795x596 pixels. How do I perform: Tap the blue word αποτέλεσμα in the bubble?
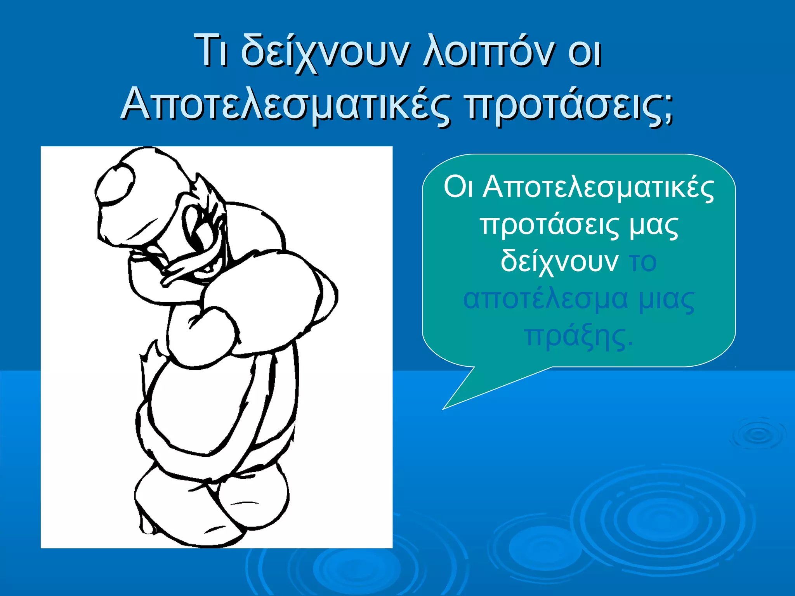[545, 300]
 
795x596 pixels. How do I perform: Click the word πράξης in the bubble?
[578, 336]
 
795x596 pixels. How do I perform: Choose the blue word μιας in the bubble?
[666, 300]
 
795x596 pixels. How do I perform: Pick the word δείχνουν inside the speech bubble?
[559, 262]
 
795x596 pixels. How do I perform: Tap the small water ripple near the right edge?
[757, 435]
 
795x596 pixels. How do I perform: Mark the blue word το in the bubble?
[643, 262]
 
